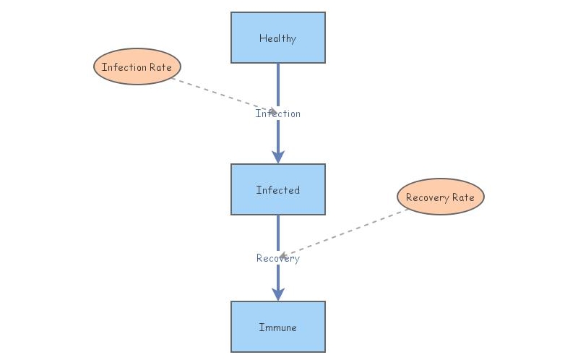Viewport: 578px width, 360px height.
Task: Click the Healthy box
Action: [x=277, y=38]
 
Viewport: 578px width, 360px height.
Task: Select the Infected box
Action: [x=277, y=189]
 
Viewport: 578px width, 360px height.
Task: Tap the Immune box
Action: [x=277, y=327]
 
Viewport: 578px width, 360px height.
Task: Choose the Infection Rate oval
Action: [x=137, y=67]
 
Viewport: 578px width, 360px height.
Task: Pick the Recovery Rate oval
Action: [x=440, y=197]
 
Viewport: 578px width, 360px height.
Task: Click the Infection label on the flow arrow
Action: [x=277, y=113]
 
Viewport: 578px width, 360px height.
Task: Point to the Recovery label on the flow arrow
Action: [x=277, y=258]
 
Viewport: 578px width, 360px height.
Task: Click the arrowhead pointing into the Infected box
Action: [x=277, y=157]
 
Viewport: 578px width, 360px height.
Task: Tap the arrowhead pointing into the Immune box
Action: [x=277, y=294]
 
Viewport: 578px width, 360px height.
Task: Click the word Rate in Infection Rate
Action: [x=161, y=67]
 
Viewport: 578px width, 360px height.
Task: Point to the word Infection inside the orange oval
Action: [x=124, y=67]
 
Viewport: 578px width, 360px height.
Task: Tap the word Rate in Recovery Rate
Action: [x=463, y=197]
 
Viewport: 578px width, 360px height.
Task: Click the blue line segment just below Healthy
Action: [x=277, y=83]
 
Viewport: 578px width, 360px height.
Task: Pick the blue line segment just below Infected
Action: [x=277, y=231]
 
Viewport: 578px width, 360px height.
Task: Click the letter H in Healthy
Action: [x=262, y=38]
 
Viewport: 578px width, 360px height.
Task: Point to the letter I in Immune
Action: [x=261, y=327]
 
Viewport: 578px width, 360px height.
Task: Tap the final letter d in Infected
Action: [x=297, y=190]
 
